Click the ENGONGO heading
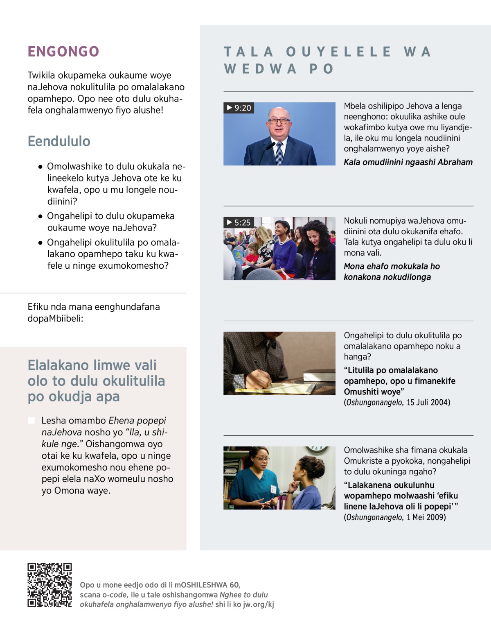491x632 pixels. click(63, 52)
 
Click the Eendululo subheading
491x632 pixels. click(59, 141)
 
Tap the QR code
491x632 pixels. click(50, 585)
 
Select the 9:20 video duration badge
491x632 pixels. click(239, 108)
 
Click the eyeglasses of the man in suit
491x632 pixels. click(279, 121)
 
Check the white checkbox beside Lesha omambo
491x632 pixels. click(31, 421)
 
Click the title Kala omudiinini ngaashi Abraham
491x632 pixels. click(408, 162)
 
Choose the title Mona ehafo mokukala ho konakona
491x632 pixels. click(392, 272)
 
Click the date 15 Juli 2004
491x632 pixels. click(428, 403)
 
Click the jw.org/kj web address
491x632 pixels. click(259, 605)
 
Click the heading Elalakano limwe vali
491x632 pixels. click(96, 381)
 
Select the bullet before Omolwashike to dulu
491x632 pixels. click(41, 167)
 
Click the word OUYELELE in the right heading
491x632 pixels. click(338, 52)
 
